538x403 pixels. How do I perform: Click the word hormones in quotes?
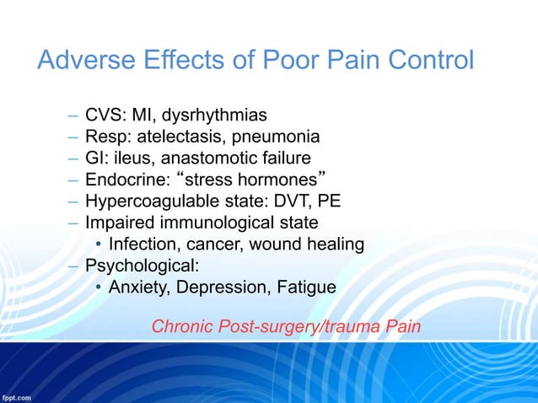278,179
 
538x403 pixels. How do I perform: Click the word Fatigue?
305,287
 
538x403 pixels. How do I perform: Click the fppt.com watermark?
16,396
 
